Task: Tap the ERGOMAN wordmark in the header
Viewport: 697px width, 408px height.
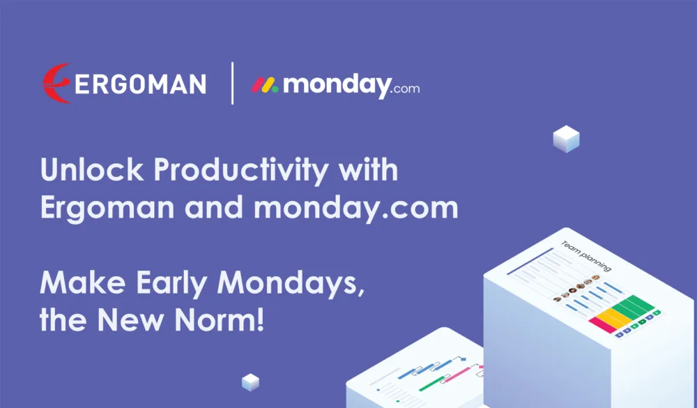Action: click(140, 84)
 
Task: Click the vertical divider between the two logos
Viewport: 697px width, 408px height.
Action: click(232, 83)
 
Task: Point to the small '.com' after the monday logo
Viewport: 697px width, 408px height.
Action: click(405, 89)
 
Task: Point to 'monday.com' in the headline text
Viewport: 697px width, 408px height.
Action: click(355, 209)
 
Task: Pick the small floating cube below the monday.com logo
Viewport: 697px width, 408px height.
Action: click(566, 139)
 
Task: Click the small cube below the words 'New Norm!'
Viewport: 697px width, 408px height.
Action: click(250, 381)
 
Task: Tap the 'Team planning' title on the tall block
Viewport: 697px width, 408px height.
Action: click(586, 256)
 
